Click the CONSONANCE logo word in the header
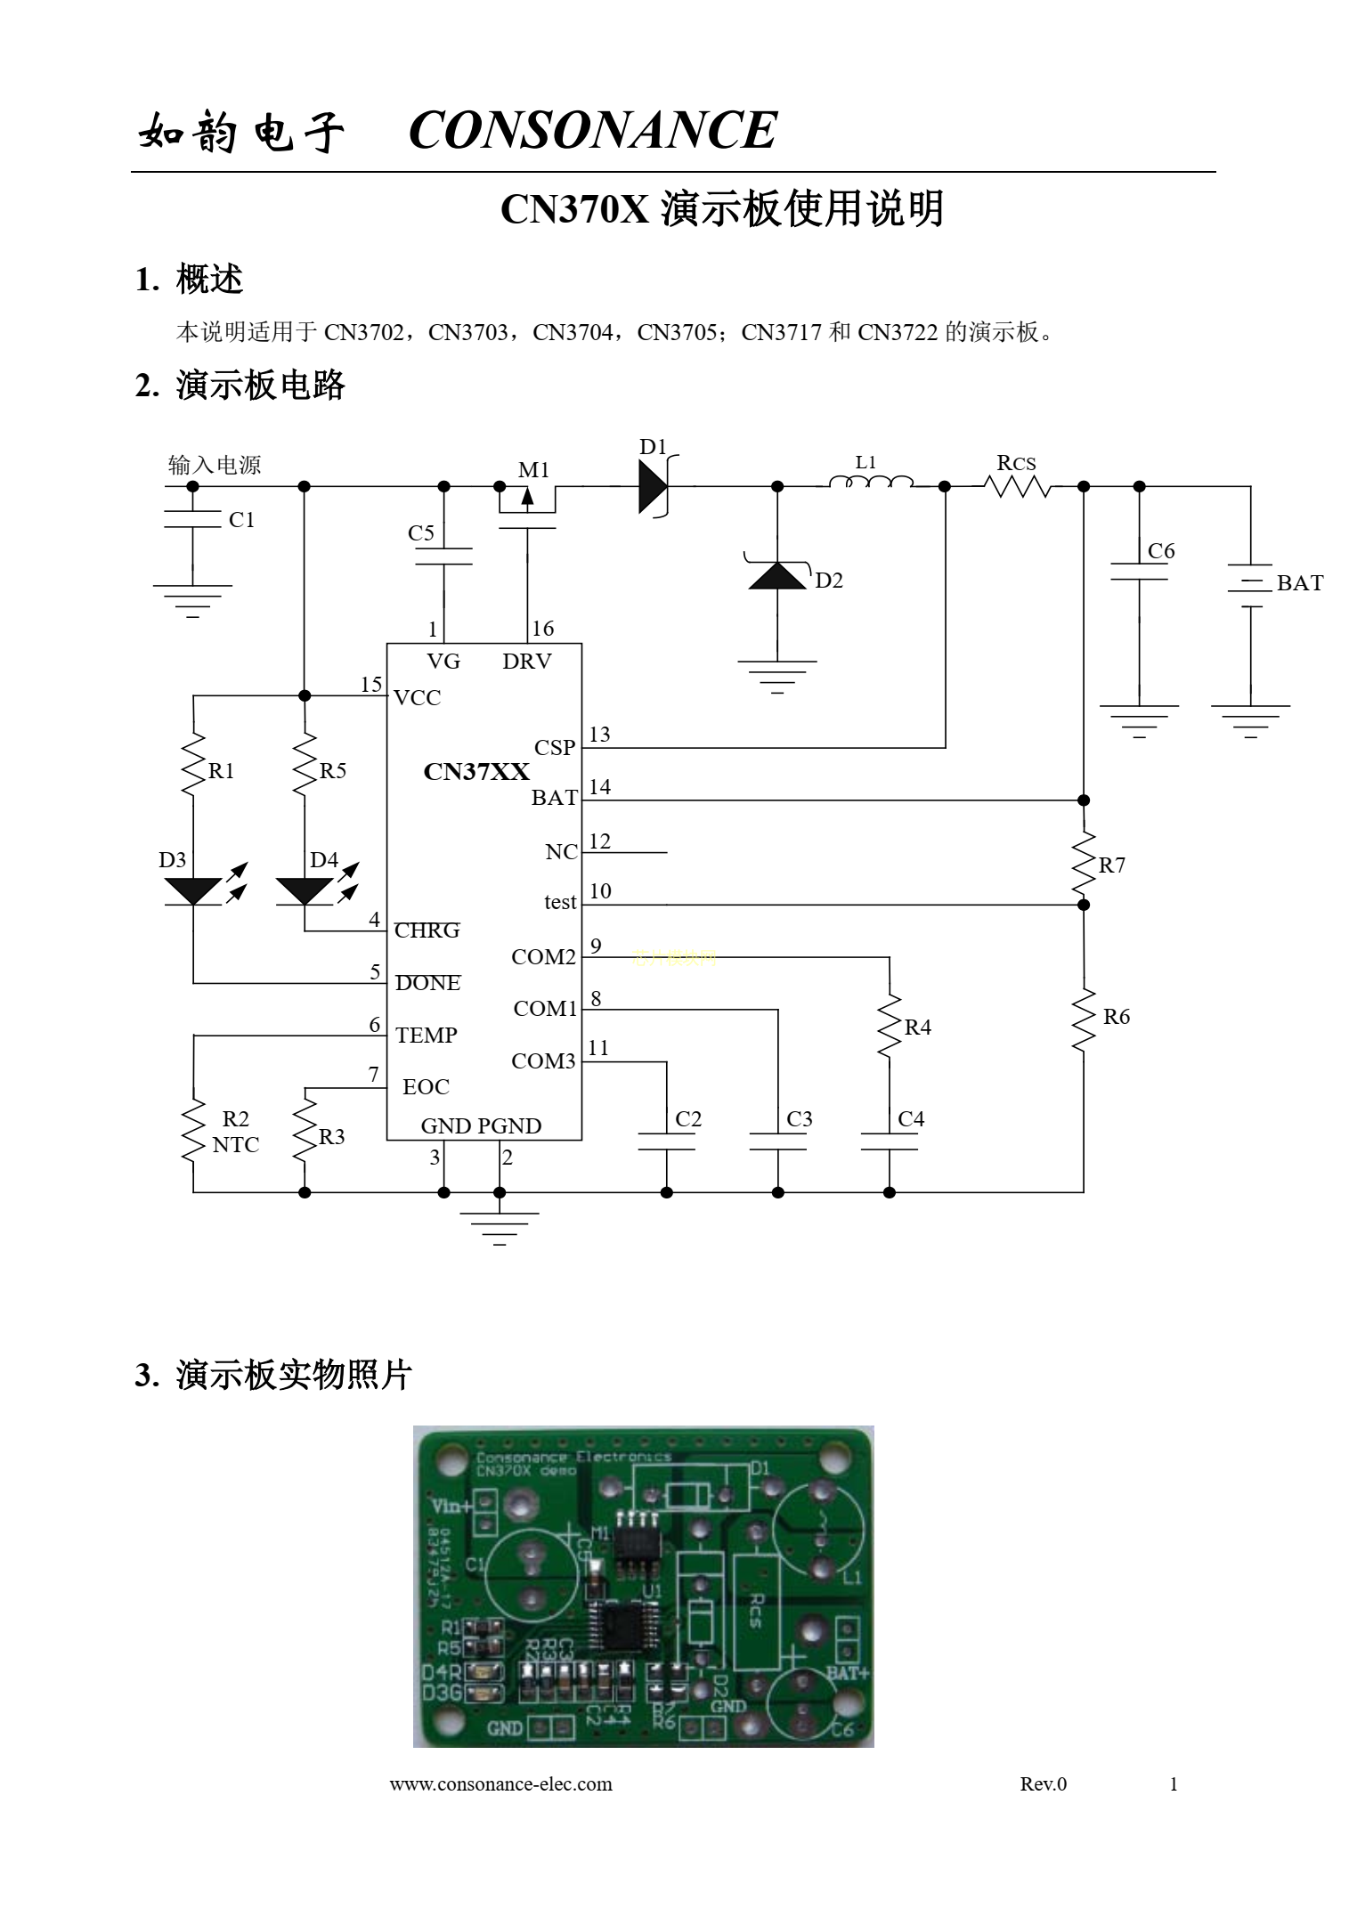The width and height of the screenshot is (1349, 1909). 592,130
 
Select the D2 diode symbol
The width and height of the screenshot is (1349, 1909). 777,576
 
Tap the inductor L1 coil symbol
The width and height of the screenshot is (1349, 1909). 870,483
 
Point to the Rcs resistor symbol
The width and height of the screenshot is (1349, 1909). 1018,486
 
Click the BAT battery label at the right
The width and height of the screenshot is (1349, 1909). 1299,583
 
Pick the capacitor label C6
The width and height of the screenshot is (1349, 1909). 1161,551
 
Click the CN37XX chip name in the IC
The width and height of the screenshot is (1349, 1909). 475,771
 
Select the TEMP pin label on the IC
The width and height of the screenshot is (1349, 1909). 427,1035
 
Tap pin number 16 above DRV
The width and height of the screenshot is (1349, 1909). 542,629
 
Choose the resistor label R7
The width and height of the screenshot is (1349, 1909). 1112,865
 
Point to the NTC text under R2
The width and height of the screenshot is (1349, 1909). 236,1145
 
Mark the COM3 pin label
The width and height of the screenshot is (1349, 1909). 543,1061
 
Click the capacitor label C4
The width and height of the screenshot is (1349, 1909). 911,1119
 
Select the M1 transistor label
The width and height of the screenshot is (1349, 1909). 534,469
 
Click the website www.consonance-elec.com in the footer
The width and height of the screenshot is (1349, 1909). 500,1783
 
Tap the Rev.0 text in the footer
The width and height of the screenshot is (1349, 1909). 1043,1783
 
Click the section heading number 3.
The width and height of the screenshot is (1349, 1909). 145,1376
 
